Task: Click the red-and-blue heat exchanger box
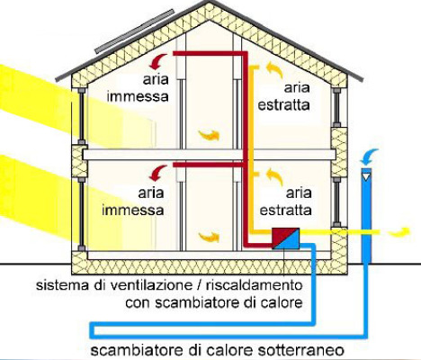coord(286,238)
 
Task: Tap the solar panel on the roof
coord(134,31)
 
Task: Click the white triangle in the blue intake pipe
coord(366,177)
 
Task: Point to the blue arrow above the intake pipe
coord(369,157)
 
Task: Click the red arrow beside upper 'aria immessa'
coord(159,61)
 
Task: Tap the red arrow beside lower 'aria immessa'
coord(158,173)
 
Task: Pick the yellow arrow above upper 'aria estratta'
coord(274,69)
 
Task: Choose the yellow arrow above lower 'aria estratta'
coord(274,176)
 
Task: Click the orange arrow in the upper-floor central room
coord(209,135)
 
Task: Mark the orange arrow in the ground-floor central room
coord(209,237)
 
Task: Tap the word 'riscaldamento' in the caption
coord(255,285)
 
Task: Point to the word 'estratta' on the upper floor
coord(283,105)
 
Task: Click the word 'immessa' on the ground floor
coord(133,210)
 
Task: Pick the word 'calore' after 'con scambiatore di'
coord(281,302)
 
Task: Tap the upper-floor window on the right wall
coord(336,107)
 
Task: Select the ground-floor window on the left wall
coord(81,214)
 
